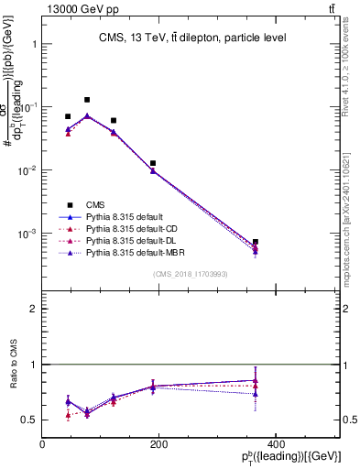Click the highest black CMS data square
click(87, 100)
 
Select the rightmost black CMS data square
click(333, 242)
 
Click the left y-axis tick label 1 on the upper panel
click(33, 43)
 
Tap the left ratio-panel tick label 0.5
click(30, 420)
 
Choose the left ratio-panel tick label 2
click(33, 310)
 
